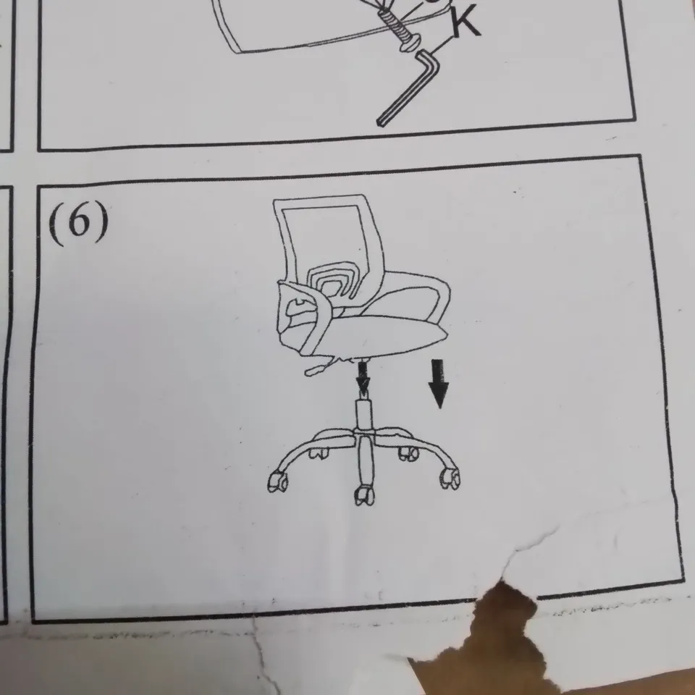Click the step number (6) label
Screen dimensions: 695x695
point(79,223)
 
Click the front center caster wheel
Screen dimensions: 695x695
point(363,496)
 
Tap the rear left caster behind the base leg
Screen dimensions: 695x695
point(319,453)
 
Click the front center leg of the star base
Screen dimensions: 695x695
point(364,463)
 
